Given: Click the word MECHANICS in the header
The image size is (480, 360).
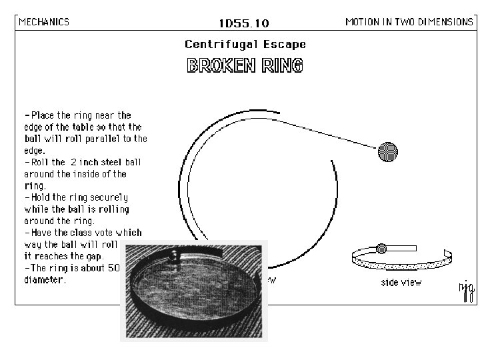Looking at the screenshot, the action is pyautogui.click(x=44, y=21).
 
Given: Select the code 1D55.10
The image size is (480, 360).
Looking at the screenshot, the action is pyautogui.click(x=244, y=23).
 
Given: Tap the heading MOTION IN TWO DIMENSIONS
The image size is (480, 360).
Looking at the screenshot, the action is pyautogui.click(x=409, y=21).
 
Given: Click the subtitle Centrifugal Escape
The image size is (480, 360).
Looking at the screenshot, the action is pyautogui.click(x=245, y=45).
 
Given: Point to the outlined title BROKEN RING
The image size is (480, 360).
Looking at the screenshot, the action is pyautogui.click(x=245, y=65).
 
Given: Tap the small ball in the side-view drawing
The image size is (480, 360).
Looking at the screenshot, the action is pyautogui.click(x=382, y=249).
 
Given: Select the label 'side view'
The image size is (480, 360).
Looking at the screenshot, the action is pyautogui.click(x=401, y=283).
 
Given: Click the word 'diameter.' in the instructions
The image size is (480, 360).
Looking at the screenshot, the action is pyautogui.click(x=45, y=280).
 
